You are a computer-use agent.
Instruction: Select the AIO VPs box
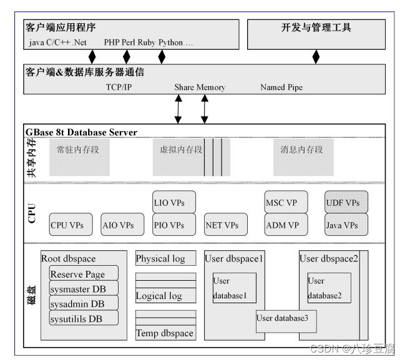(x=118, y=225)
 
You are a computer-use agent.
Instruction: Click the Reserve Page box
(x=84, y=274)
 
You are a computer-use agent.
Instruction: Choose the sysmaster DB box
(x=84, y=289)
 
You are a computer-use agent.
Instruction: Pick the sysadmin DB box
(x=84, y=304)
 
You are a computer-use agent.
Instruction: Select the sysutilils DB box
(x=84, y=319)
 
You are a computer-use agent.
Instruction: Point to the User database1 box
(x=234, y=288)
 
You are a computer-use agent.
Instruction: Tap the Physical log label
(x=160, y=258)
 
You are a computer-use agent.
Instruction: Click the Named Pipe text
(x=281, y=87)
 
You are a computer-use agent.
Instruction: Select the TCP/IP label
(x=119, y=87)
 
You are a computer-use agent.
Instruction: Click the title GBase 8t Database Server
(x=81, y=132)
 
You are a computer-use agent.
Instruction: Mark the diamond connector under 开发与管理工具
(x=316, y=57)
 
